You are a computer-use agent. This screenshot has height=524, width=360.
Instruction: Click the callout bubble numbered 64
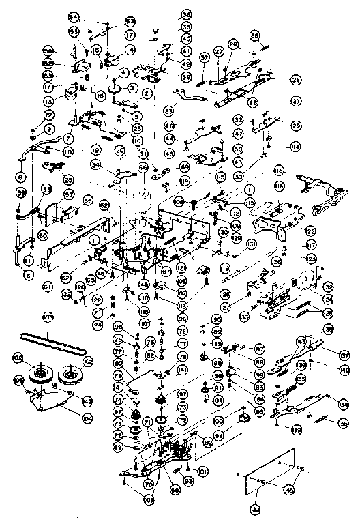point(74,16)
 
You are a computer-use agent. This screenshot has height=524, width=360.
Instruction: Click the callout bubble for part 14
point(130,50)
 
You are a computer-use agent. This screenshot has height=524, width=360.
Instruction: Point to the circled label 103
point(48,318)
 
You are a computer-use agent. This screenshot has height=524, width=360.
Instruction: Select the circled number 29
point(296,126)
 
